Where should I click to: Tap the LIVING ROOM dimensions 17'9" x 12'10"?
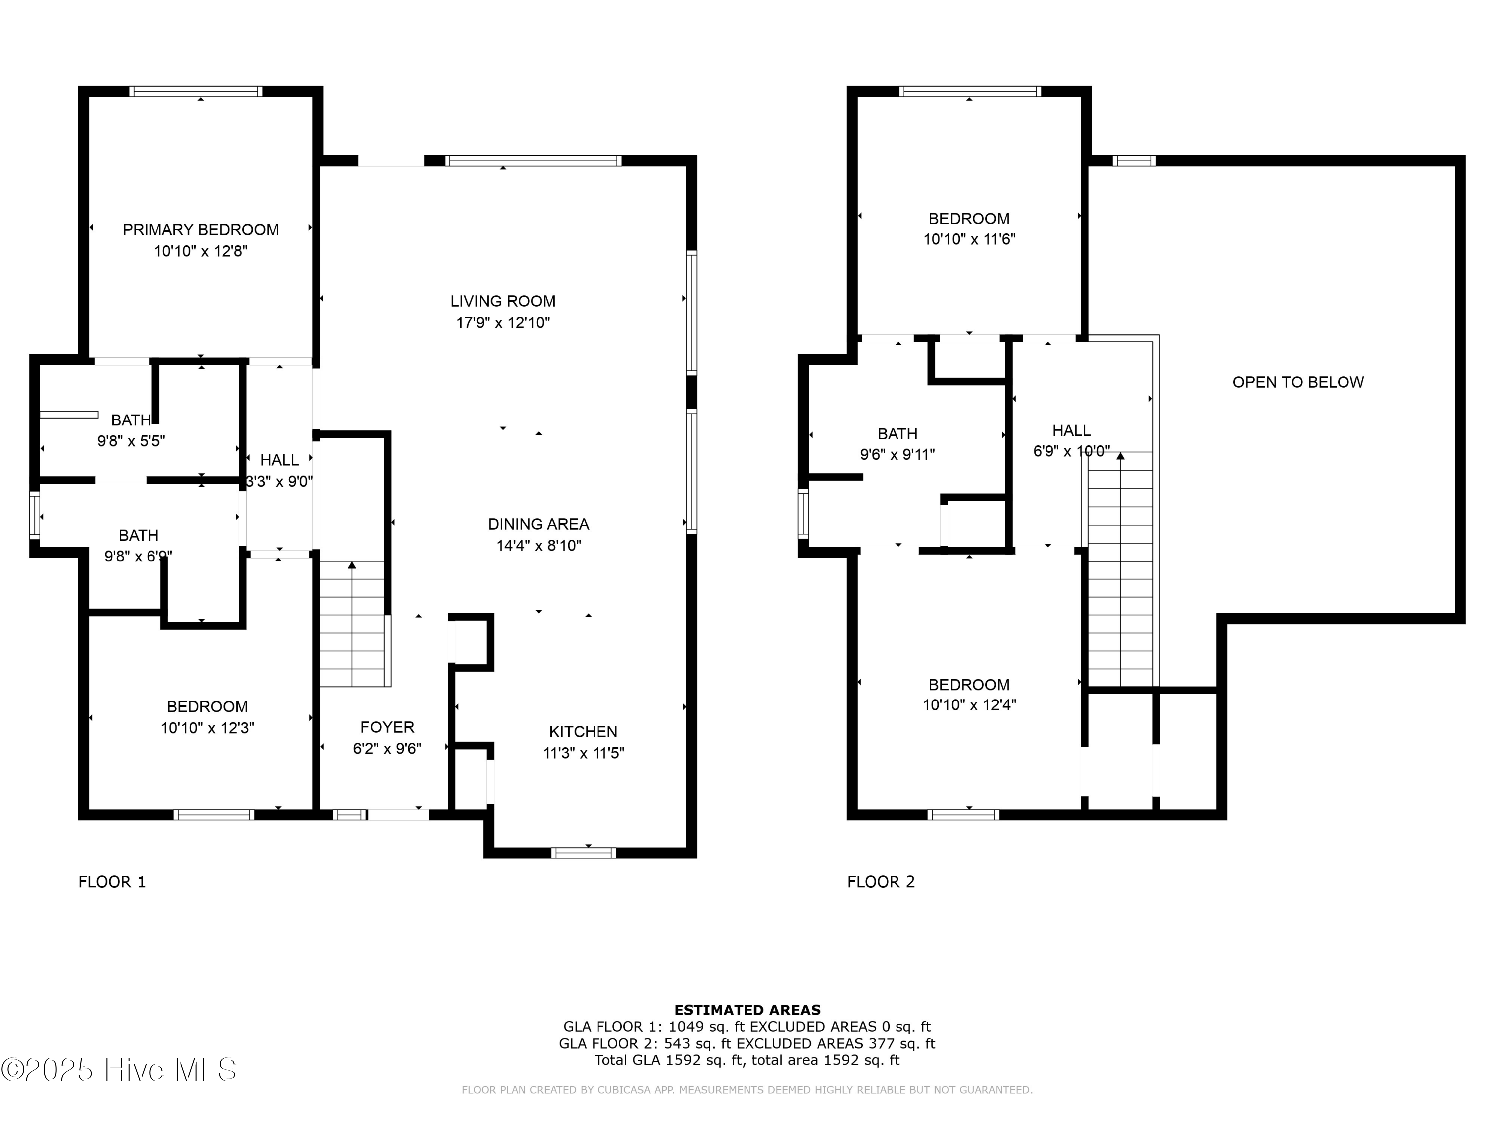click(503, 323)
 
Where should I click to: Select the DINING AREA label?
click(538, 524)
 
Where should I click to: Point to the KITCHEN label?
click(583, 732)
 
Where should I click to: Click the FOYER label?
click(387, 727)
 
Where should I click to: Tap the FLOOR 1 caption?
click(112, 882)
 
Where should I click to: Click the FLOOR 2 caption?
click(881, 882)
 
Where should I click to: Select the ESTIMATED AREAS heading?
click(747, 1010)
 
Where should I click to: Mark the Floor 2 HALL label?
click(1071, 430)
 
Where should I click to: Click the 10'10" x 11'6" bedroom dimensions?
click(969, 239)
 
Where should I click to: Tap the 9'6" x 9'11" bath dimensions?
click(897, 455)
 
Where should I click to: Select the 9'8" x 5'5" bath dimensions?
click(131, 442)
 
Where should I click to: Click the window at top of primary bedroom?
click(196, 91)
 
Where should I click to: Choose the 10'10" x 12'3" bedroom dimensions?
click(207, 728)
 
